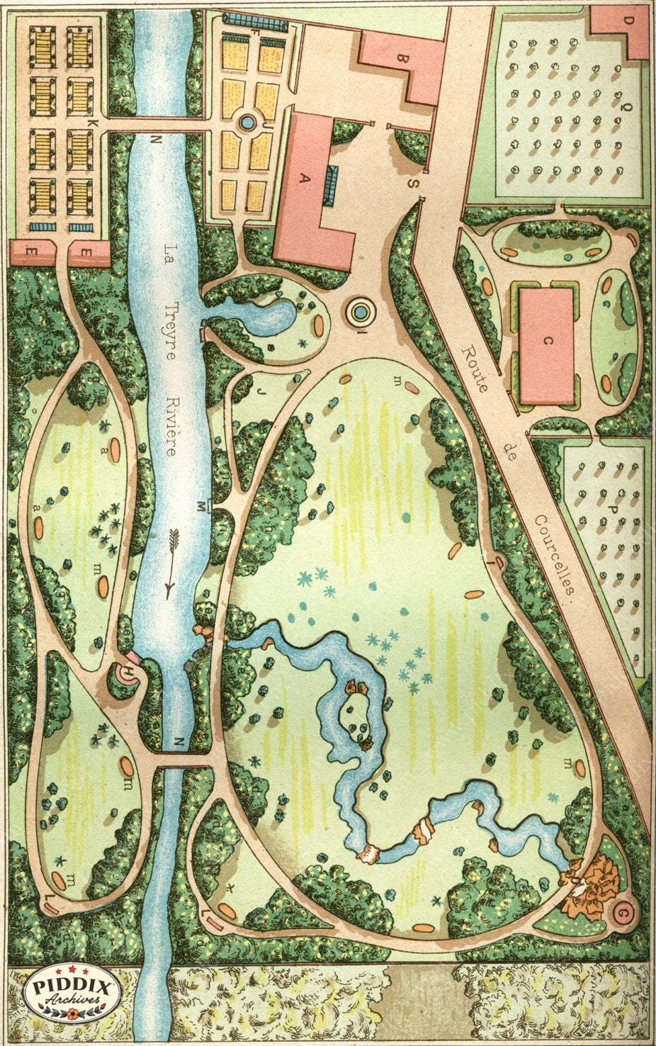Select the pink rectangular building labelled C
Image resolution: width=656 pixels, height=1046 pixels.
click(x=546, y=345)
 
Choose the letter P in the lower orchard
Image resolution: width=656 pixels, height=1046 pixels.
click(x=615, y=511)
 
